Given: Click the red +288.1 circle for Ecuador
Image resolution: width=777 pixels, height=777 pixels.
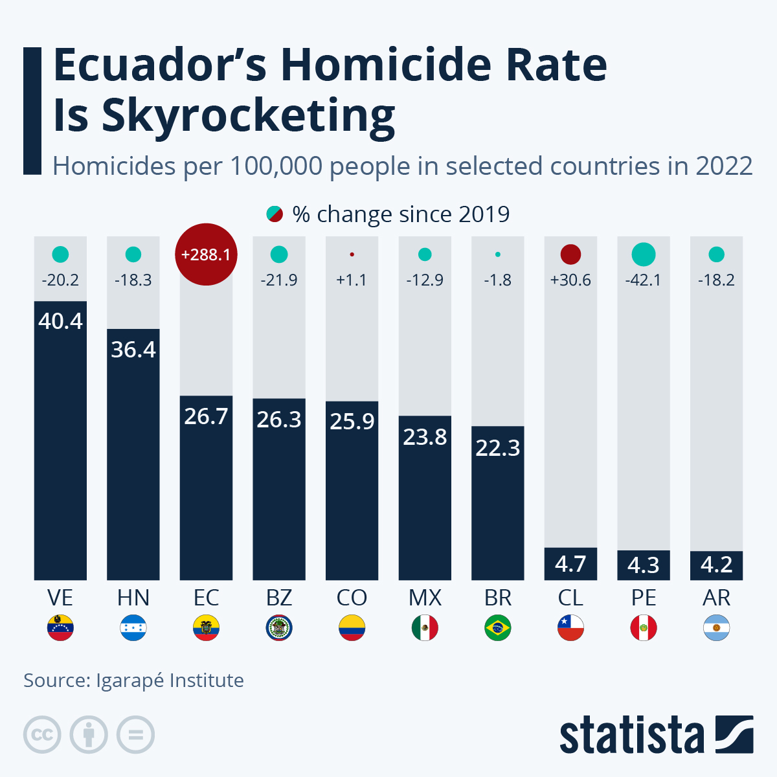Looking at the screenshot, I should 206,254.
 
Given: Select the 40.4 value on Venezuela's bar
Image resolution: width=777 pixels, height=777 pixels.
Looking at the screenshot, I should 60,321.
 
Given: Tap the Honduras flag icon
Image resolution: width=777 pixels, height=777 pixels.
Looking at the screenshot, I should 133,627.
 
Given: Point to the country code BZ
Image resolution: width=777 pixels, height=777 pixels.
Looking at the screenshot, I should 279,597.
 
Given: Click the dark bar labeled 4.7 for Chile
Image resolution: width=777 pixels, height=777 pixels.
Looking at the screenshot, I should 570,563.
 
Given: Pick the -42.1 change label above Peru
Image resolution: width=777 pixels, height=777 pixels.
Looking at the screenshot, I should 643,280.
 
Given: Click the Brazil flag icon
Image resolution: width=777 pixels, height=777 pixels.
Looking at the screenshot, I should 497,627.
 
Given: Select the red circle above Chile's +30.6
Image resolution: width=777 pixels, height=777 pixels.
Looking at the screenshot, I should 570,254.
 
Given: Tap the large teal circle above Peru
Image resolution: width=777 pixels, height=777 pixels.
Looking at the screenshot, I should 643,254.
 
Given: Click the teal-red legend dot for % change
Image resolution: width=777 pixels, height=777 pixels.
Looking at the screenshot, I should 275,214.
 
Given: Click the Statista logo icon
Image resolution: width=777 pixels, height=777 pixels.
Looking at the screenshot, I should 734,734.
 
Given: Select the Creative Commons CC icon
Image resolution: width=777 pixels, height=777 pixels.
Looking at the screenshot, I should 43,735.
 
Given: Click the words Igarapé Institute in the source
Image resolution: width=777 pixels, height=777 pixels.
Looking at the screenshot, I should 170,681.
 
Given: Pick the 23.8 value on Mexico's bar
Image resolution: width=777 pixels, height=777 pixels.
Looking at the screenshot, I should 425,437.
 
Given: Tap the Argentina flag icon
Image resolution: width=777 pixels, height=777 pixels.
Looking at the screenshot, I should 716,627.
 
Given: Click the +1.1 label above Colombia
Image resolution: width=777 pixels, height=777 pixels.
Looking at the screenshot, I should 352,280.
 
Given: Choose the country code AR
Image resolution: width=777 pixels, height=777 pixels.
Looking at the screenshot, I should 716,597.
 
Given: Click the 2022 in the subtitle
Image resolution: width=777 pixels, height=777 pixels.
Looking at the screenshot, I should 724,166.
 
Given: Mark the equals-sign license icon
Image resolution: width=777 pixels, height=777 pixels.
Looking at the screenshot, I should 135,735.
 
